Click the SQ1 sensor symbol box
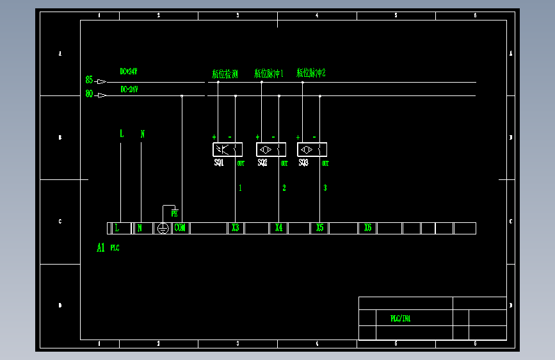(228, 150)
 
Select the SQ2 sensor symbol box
(271, 150)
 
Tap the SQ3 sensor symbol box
(312, 150)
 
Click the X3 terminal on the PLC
(236, 228)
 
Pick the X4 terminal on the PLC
(278, 228)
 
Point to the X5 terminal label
(320, 228)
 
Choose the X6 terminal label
(367, 228)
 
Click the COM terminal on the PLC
(180, 228)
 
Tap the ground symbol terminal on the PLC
(163, 228)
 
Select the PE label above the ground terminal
(174, 213)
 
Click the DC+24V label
(129, 72)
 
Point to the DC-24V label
(129, 90)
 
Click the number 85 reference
(89, 80)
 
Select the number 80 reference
(89, 95)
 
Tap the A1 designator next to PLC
(101, 248)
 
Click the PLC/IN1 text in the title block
(401, 318)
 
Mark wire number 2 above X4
(284, 188)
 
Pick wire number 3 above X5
(325, 188)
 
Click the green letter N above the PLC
(143, 135)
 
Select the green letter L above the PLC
(122, 134)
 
